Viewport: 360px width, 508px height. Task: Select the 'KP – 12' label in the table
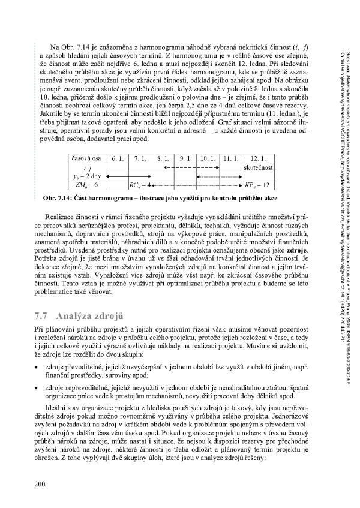coord(259,185)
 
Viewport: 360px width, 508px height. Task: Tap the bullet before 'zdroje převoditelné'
coord(38,366)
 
